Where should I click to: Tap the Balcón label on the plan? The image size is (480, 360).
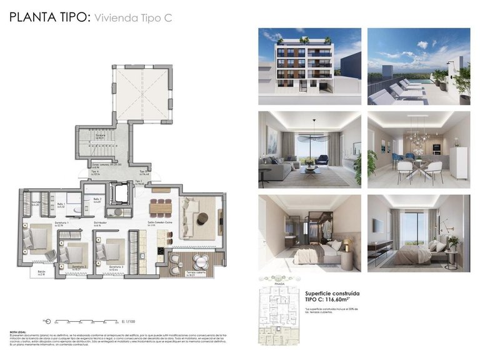pyautogui.click(x=41, y=272)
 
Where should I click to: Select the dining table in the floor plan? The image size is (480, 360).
pyautogui.click(x=161, y=206)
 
